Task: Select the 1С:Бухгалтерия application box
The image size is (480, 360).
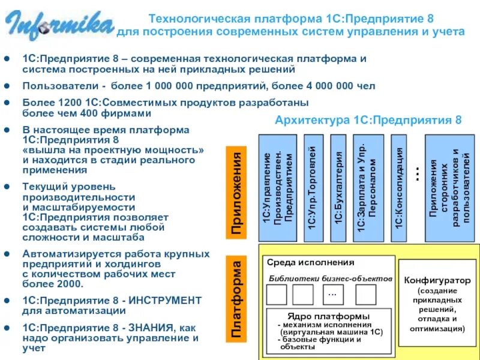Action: [x=339, y=187]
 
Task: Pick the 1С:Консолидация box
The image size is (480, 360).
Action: [x=398, y=187]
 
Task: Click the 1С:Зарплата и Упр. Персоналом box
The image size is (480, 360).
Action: [x=368, y=187]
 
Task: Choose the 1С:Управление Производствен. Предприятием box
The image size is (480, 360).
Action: [x=278, y=187]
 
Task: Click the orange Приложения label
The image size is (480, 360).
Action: [x=237, y=193]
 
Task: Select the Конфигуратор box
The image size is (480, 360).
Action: [x=436, y=302]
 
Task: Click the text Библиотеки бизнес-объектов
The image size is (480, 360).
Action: [x=330, y=279]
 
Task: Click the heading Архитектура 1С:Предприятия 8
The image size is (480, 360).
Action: [x=368, y=120]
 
